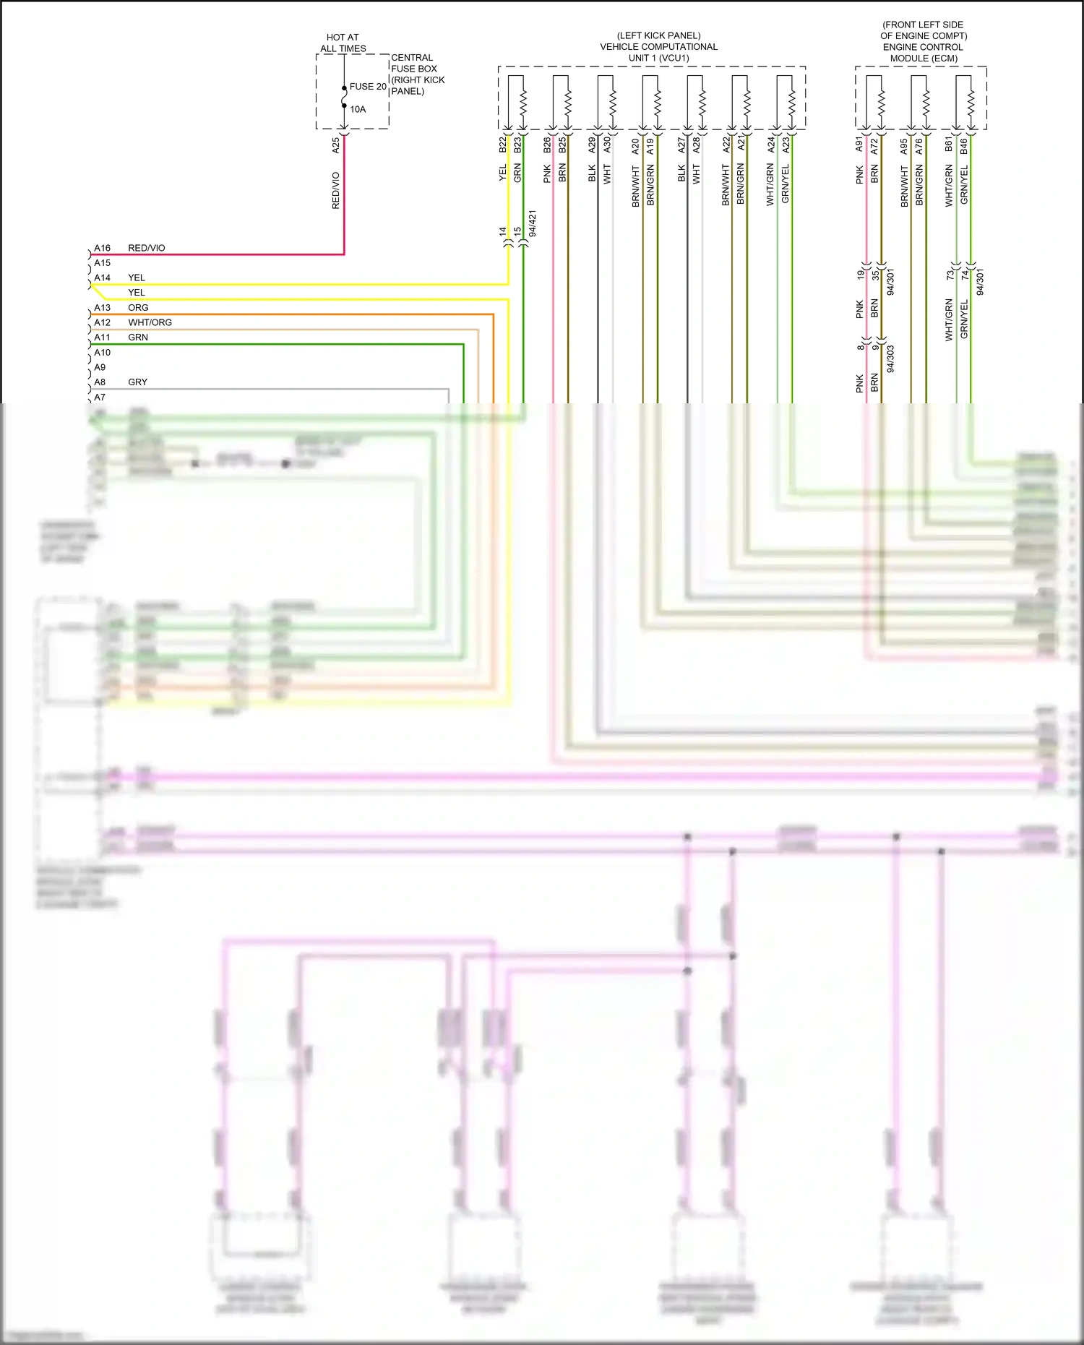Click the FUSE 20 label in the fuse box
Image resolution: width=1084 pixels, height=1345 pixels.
368,87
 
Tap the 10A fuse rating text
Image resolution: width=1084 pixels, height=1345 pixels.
358,110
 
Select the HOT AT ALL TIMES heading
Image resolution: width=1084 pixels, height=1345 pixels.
343,43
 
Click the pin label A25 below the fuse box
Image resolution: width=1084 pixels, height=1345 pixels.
336,145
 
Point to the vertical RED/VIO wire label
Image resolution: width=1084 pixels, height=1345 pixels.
336,191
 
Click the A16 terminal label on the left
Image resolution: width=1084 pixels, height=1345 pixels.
102,248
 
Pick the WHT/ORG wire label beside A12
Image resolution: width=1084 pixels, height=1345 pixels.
150,322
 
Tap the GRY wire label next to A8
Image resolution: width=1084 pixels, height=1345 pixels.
137,382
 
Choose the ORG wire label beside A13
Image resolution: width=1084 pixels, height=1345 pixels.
138,308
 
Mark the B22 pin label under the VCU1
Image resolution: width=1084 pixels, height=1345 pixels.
503,145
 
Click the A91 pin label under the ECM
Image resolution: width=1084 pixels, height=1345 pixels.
860,145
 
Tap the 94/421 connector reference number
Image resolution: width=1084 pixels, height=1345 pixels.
533,224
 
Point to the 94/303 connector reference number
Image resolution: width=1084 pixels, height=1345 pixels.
890,358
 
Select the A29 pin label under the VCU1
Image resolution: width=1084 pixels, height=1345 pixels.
592,145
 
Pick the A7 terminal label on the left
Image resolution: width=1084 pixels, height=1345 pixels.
100,398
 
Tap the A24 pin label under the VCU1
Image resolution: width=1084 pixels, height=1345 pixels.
771,145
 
